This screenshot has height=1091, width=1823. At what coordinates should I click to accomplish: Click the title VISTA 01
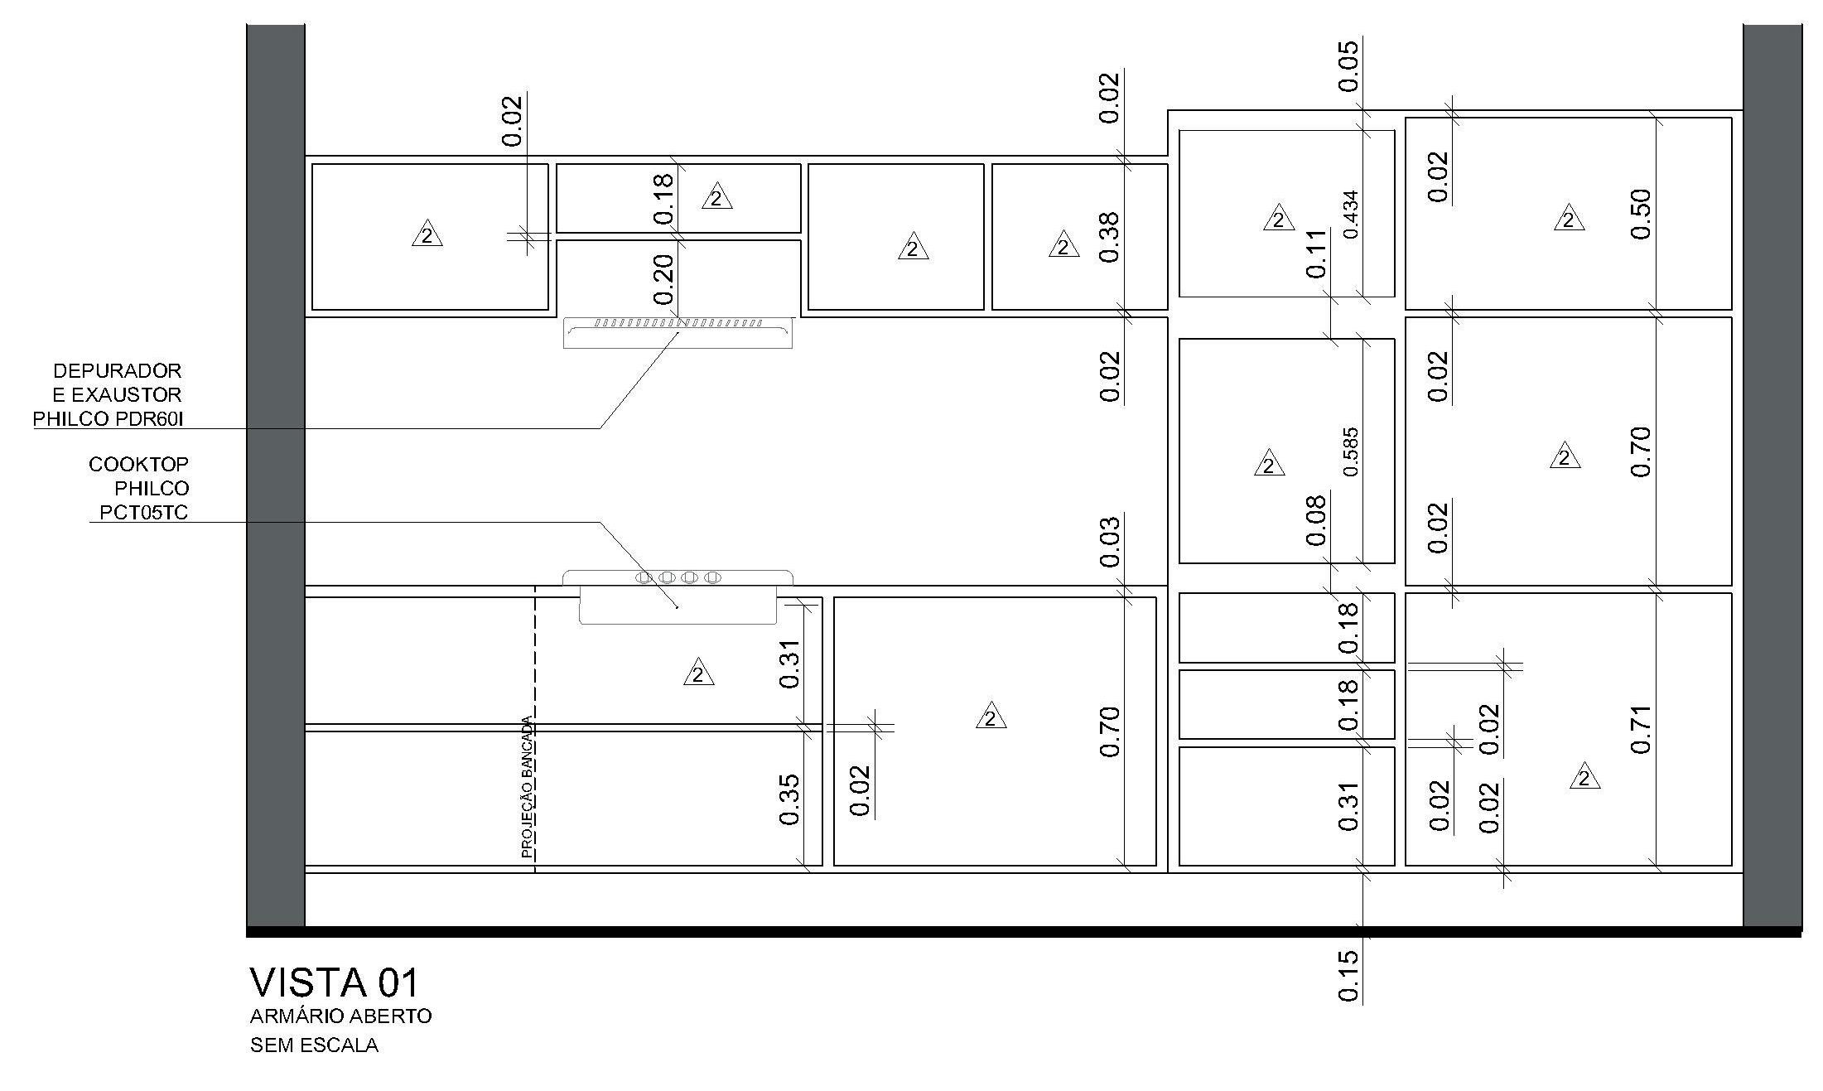click(x=335, y=983)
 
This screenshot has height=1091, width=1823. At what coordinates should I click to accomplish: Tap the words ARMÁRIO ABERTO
click(x=340, y=1016)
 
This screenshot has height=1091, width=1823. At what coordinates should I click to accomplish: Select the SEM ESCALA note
click(x=314, y=1045)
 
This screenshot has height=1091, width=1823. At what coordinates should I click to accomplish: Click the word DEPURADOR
click(x=117, y=370)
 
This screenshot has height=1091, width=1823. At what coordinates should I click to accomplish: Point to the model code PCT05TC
click(x=143, y=513)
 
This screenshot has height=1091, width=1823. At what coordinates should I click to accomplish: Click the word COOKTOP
click(x=138, y=464)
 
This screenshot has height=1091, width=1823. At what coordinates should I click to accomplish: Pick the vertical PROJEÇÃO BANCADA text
click(x=527, y=786)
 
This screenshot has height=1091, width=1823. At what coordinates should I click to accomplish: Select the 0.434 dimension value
click(x=1351, y=215)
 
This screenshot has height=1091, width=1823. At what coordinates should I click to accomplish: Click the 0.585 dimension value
click(x=1351, y=451)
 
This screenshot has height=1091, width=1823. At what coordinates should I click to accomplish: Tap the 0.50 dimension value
click(x=1641, y=214)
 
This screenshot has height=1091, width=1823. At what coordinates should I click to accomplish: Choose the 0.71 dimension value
click(x=1641, y=729)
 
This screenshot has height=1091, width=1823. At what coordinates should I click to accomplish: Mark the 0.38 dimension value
click(x=1110, y=237)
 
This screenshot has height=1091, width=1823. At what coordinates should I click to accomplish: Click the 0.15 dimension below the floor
click(x=1348, y=976)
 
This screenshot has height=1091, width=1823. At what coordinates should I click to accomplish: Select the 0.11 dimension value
click(x=1316, y=253)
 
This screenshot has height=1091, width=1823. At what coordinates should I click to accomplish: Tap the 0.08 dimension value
click(x=1316, y=520)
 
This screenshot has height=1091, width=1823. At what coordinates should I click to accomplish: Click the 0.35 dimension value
click(x=789, y=799)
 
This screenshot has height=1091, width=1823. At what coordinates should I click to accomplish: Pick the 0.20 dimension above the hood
click(x=663, y=278)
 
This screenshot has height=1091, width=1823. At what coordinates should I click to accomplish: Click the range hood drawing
click(x=678, y=332)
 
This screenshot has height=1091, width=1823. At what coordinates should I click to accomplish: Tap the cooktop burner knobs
click(x=678, y=577)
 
